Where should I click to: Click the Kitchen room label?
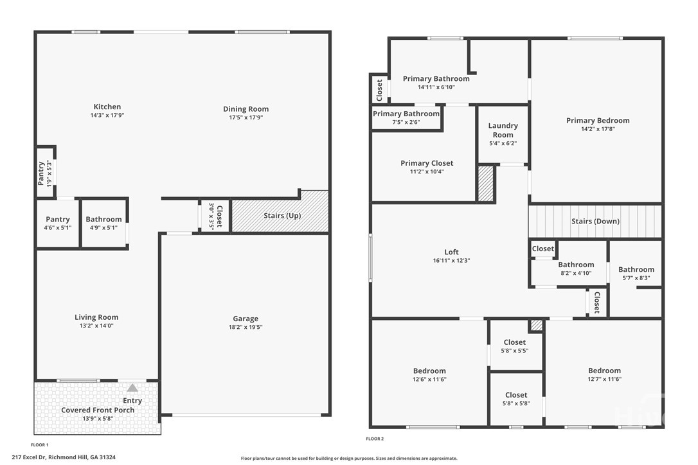pos(107,107)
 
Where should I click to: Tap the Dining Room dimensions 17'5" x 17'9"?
pos(246,118)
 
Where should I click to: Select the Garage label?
pos(246,319)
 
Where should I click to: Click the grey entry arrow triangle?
pos(132,388)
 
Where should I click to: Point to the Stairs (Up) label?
pos(282,216)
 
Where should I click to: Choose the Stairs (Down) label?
pos(595,222)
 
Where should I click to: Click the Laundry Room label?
pos(503,130)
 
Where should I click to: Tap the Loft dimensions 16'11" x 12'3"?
pos(451,261)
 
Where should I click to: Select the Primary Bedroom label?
pos(598,121)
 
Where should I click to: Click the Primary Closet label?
pos(427,163)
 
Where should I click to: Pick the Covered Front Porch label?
pos(98,410)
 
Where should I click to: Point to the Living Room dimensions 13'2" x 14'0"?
pos(96,326)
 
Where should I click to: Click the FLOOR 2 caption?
pos(375,439)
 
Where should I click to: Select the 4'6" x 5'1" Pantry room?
pos(57,223)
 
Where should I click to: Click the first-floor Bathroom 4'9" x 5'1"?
pos(103,223)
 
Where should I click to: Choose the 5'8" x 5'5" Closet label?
pos(515,346)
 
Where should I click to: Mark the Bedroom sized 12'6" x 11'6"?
pos(429,374)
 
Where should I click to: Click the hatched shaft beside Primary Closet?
pos(485,184)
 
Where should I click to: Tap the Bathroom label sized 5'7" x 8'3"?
pos(636,274)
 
